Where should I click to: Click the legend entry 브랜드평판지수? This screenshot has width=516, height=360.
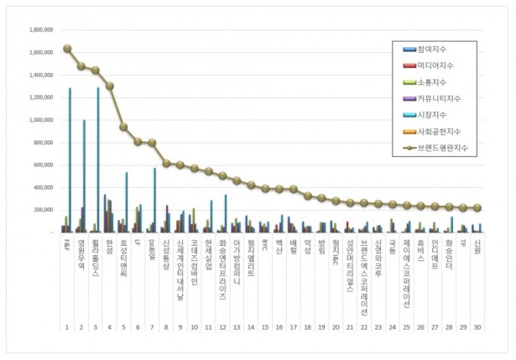point(441,148)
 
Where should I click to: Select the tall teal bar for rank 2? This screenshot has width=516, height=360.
point(84,176)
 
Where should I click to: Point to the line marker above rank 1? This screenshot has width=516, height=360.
point(67,49)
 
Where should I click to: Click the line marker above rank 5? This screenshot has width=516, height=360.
point(123,128)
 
